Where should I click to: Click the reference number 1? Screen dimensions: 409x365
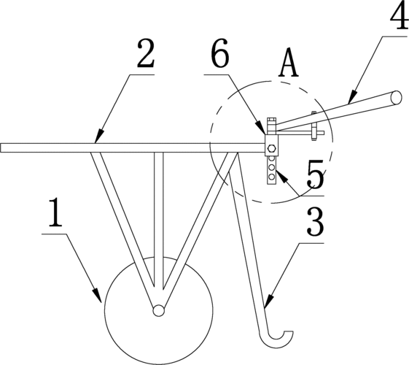point(55,212)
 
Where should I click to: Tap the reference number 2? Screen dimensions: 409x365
point(146,54)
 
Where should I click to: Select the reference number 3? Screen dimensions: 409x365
point(316,222)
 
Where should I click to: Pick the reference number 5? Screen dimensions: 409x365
point(316,173)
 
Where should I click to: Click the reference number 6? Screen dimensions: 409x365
point(221,53)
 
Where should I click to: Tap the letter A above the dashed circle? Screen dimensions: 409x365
point(289,62)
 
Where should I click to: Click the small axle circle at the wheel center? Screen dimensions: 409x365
point(158,311)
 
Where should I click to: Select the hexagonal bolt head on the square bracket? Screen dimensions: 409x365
point(271,149)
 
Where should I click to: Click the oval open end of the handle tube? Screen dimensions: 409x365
point(397,97)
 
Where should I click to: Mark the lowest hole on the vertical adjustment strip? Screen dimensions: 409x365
point(271,177)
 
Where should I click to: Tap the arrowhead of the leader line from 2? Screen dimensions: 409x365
point(99,136)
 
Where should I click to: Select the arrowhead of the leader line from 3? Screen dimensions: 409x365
point(269,301)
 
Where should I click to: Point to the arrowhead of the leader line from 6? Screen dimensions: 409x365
point(261,128)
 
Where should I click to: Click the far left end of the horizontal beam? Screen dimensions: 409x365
point(1,147)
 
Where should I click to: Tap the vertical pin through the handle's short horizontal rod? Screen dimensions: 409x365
point(314,126)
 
